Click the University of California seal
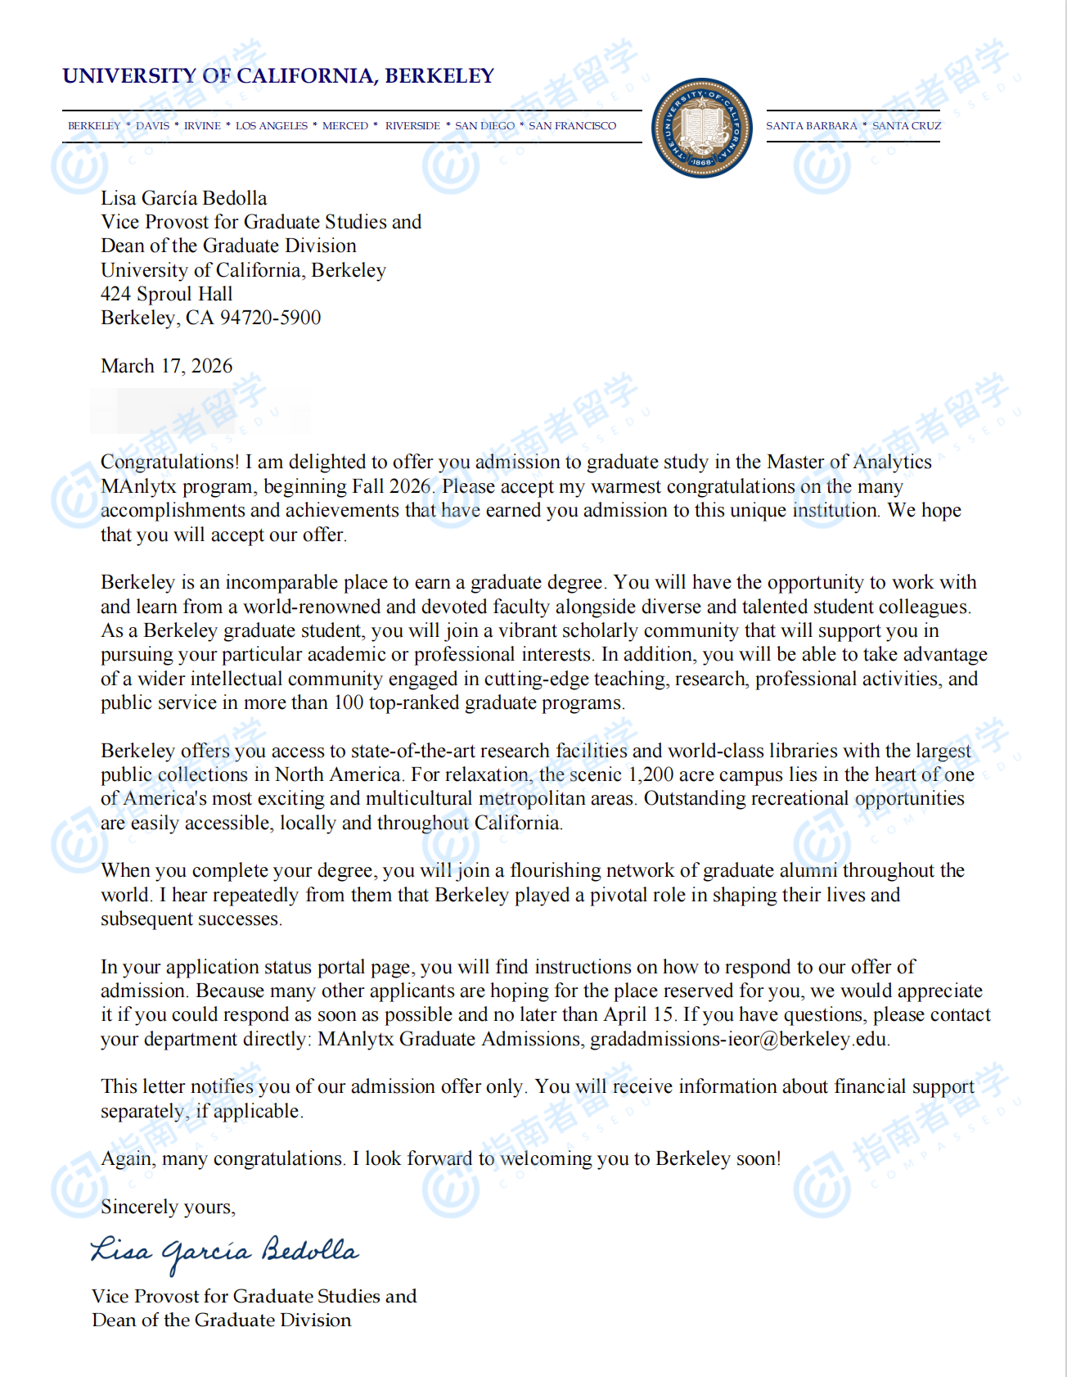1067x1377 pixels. tap(702, 128)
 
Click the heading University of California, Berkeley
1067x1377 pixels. tap(278, 76)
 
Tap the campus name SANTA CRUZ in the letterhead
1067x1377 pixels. tap(907, 126)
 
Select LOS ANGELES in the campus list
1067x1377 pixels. tap(272, 126)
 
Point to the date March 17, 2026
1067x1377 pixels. tap(166, 366)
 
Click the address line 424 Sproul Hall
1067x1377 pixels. tap(166, 294)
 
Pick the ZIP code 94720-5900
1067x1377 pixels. tap(270, 318)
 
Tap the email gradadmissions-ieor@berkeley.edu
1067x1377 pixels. tap(739, 1040)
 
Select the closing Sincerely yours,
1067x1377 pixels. tap(168, 1207)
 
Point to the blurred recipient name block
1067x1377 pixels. tap(200, 411)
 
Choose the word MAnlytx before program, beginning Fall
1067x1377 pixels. tap(138, 486)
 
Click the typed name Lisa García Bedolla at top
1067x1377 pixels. tap(183, 198)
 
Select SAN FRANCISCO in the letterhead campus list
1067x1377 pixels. tap(572, 126)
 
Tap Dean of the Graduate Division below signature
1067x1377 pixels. tap(221, 1320)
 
